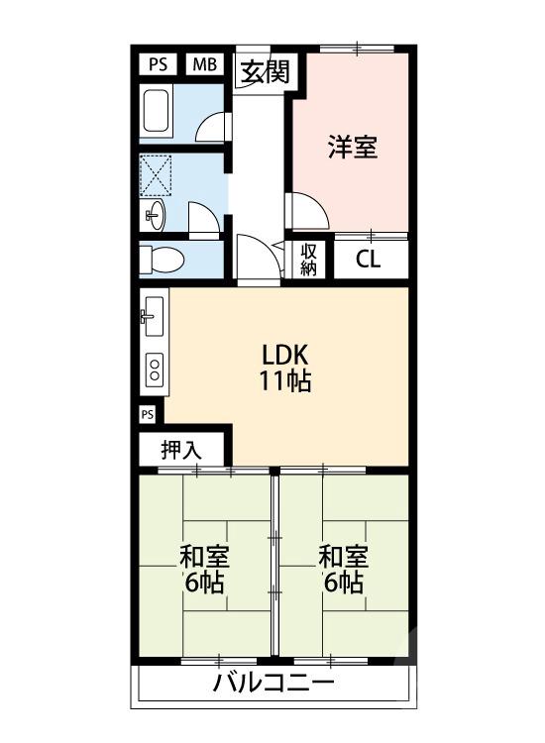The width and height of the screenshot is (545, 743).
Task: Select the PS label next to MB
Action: pos(158,64)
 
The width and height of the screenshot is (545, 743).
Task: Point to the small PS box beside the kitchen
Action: pos(148,413)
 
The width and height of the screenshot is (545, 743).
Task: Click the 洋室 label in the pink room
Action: pos(352,149)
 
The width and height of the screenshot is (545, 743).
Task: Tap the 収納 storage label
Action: pos(308,260)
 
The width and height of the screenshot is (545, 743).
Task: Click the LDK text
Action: pos(286,355)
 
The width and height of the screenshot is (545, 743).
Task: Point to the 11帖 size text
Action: pos(286,381)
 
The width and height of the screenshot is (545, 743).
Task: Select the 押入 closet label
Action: pos(182,449)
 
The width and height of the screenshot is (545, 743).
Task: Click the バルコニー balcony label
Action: pos(273,683)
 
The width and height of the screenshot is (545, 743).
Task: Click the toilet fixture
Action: pos(162,260)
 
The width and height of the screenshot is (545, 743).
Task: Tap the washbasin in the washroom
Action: pos(155,214)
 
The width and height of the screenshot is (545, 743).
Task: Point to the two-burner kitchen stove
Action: pos(155,370)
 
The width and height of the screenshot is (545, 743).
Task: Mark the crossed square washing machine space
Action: pos(158,174)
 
